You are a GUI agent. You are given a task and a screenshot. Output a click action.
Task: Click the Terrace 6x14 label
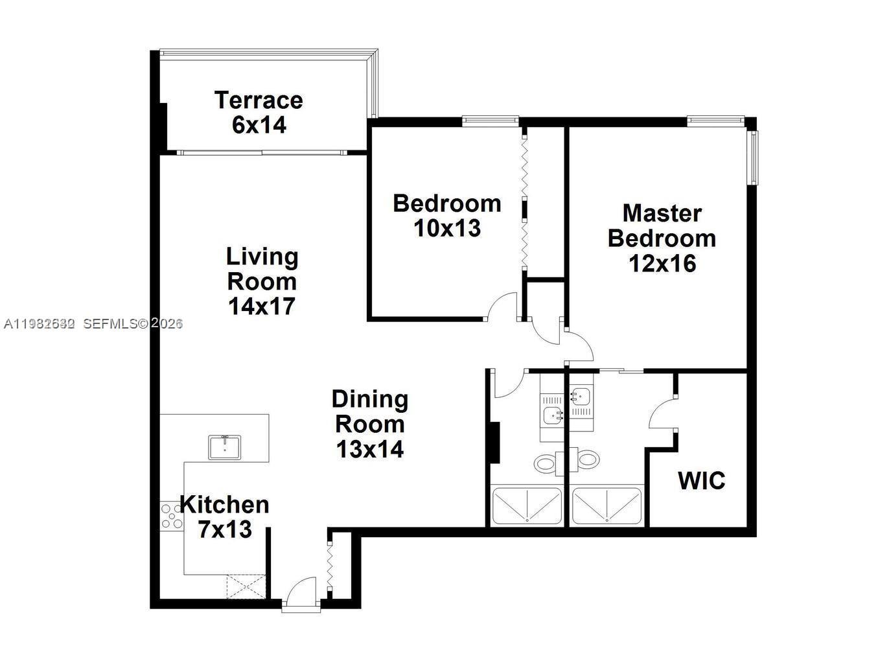259,112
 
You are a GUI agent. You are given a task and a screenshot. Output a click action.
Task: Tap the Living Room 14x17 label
262,281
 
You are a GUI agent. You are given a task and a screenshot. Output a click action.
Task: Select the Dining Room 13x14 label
370,424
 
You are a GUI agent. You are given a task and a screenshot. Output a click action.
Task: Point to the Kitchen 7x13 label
224,516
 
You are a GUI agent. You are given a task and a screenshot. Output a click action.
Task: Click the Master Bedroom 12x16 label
662,238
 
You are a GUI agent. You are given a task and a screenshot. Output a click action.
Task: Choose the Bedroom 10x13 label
447,215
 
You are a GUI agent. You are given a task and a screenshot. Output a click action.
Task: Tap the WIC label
701,481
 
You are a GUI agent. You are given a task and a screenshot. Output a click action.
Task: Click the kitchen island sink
224,447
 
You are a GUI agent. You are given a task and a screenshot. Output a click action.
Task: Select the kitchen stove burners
172,516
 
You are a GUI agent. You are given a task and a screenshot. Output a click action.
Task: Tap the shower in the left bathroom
526,506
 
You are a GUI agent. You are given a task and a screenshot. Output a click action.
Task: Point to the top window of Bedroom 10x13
490,119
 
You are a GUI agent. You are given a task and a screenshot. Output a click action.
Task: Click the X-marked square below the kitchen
246,586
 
